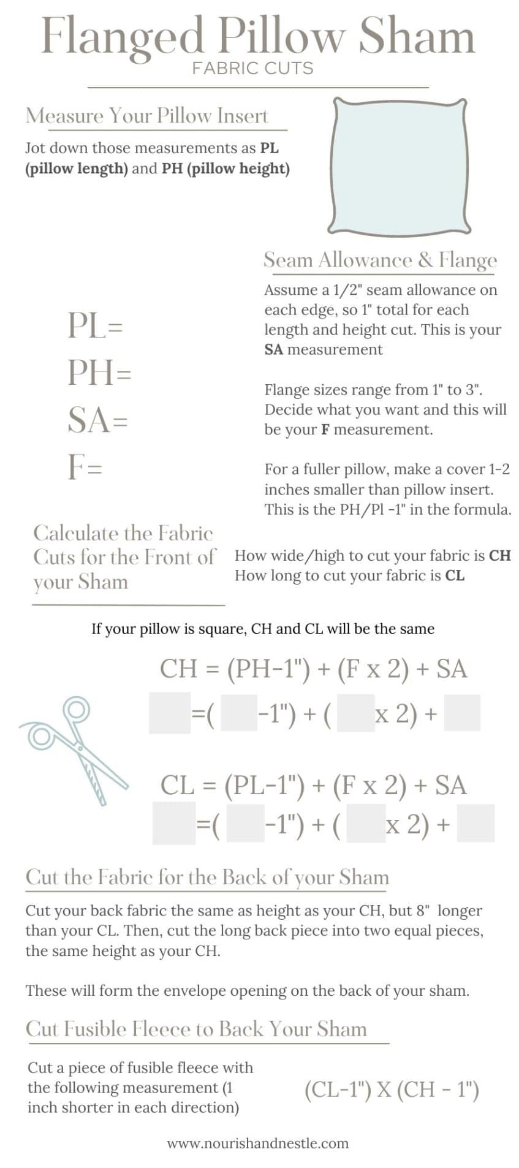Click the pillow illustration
click(x=400, y=167)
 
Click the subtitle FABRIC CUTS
click(x=252, y=68)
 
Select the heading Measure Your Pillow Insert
click(x=147, y=116)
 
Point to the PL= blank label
click(x=95, y=325)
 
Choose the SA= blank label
click(x=97, y=420)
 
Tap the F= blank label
click(x=85, y=467)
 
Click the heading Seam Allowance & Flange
click(x=380, y=260)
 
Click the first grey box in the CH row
click(x=170, y=713)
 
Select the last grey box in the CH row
click(x=462, y=713)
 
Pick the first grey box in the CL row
click(x=174, y=823)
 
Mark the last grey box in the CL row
click(x=475, y=823)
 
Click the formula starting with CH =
click(x=313, y=669)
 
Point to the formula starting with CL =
click(x=313, y=785)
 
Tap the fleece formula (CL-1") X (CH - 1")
click(x=392, y=1089)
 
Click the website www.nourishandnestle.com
click(x=257, y=1143)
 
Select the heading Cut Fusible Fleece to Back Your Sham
click(x=196, y=1029)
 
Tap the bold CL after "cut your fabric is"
click(x=455, y=575)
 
